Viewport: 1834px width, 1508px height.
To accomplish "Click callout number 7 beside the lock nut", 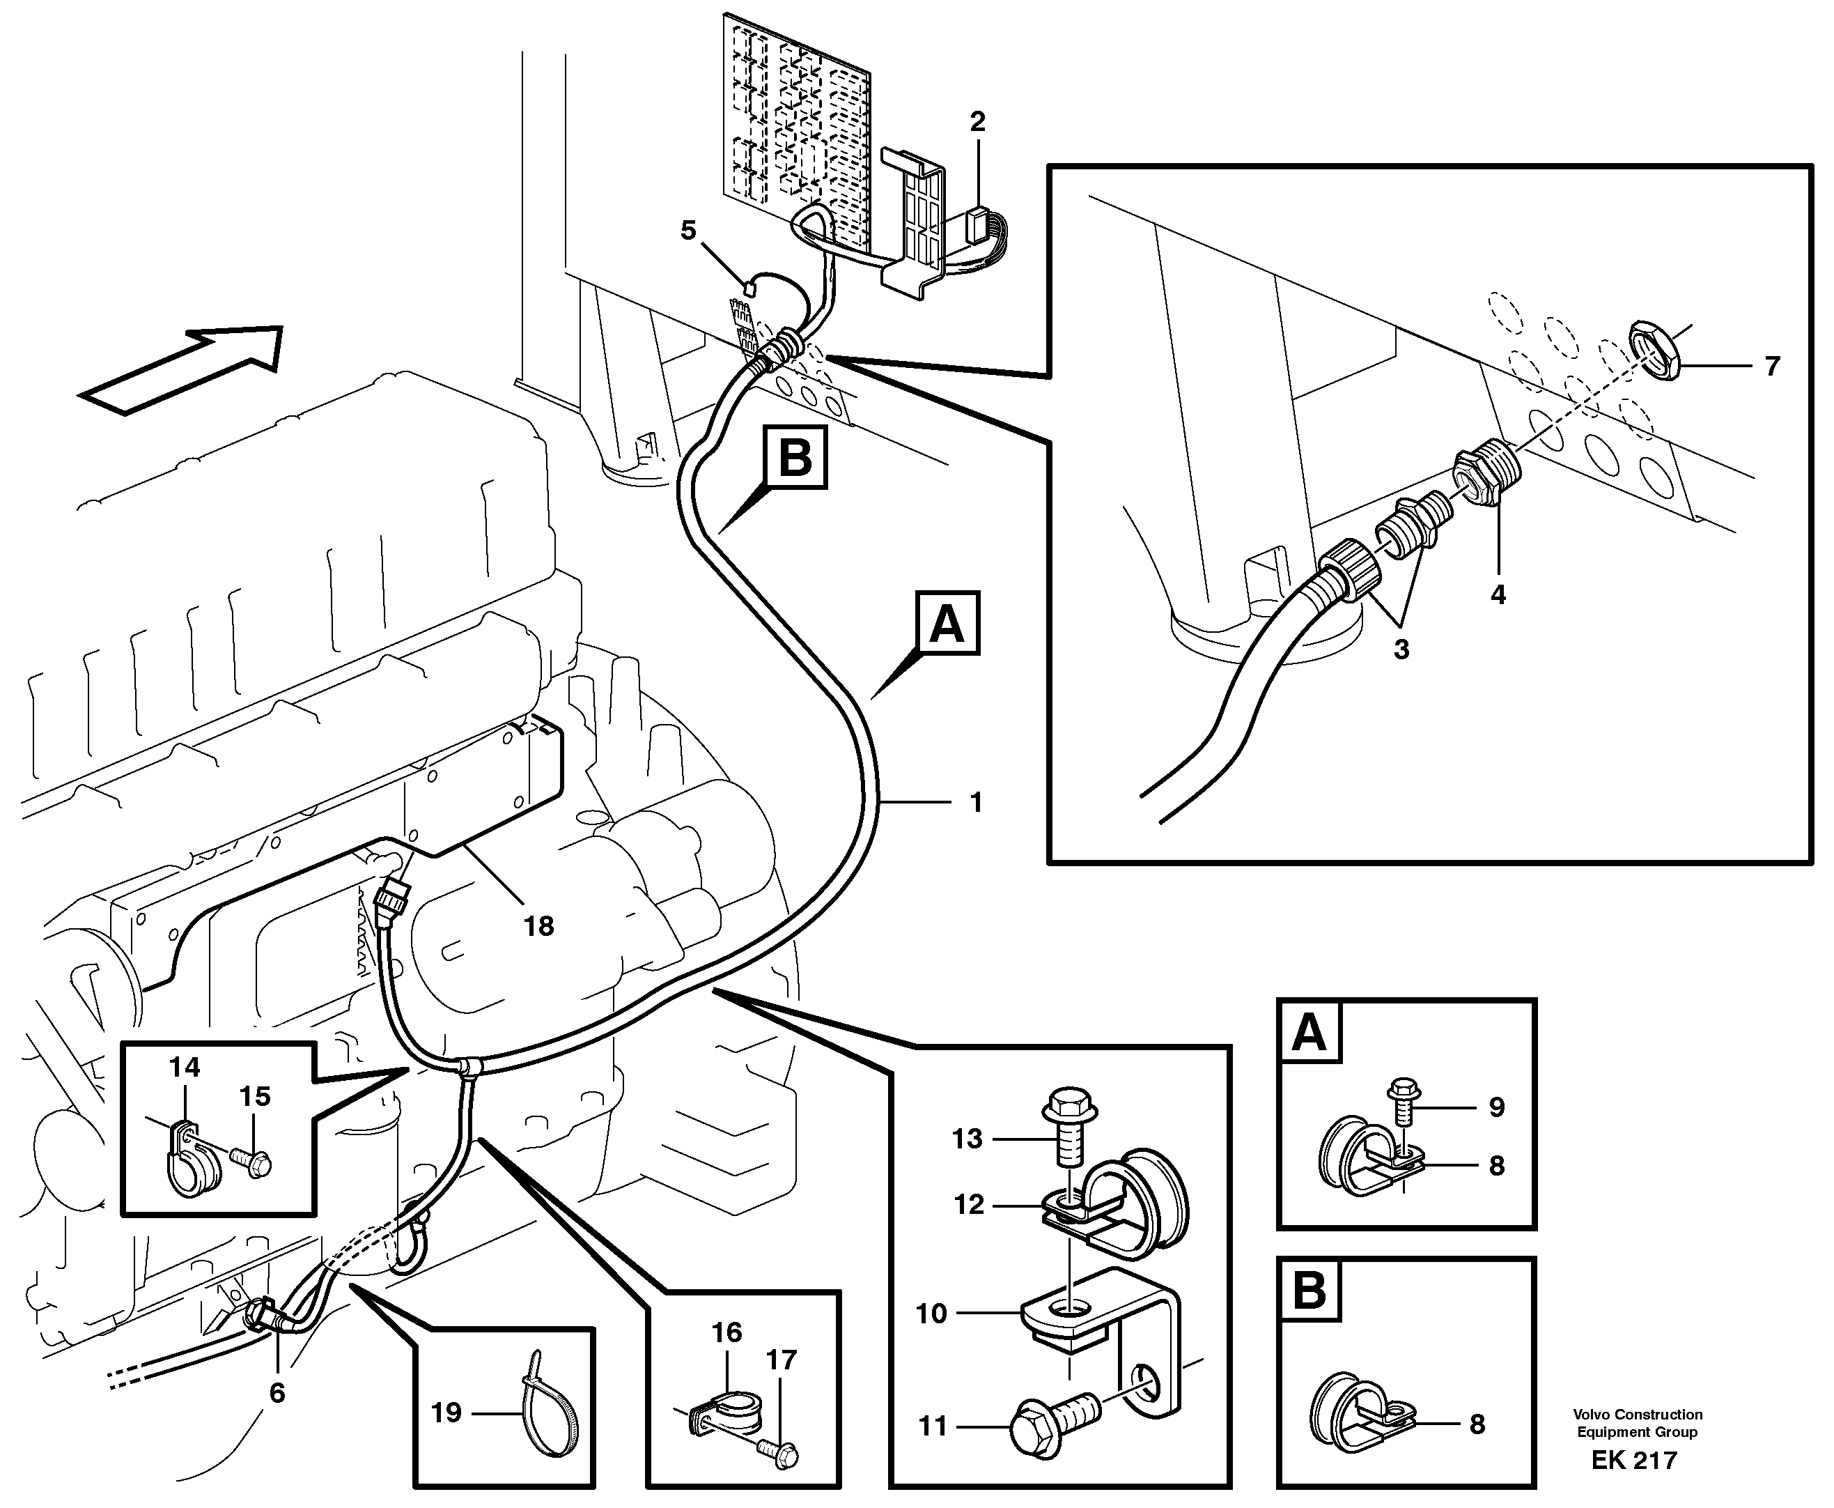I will [x=1772, y=366].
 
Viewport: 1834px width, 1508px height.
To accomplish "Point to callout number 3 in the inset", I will [x=1401, y=649].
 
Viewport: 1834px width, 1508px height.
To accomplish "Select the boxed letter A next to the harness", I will [x=947, y=624].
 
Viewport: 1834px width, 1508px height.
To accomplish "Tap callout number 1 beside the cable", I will [x=975, y=802].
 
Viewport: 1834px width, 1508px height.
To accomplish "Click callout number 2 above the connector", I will [x=978, y=123].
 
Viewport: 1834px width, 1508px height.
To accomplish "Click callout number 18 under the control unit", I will [x=538, y=926].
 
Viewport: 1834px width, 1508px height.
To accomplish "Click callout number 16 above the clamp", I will [x=726, y=1332].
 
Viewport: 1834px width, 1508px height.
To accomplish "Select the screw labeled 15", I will [x=252, y=1162].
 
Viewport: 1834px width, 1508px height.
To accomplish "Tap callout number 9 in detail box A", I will [x=1496, y=1107].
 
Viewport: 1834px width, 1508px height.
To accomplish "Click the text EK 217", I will [x=1633, y=1460].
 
